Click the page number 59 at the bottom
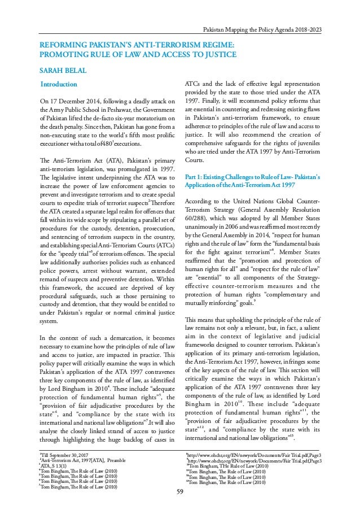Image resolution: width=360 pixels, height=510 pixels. coord(180,498)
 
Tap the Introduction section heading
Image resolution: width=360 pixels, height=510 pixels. coord(55,85)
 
